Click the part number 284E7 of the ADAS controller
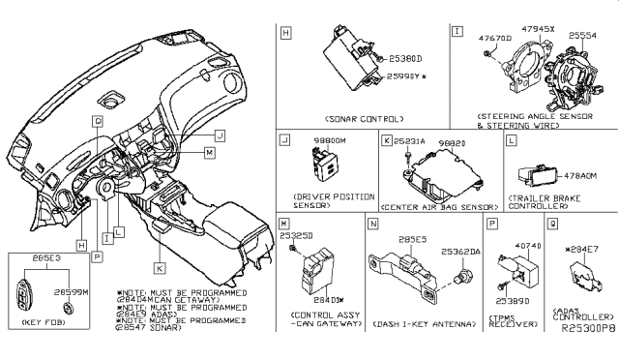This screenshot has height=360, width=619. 585,251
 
